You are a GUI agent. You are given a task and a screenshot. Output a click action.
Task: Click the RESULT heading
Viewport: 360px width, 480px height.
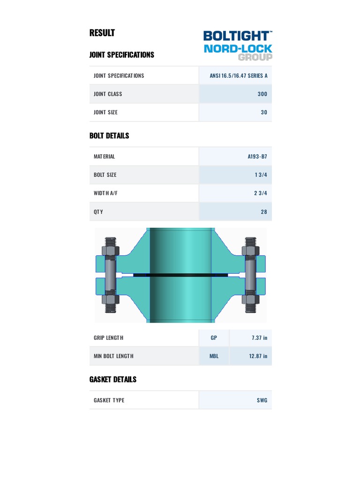coord(102,33)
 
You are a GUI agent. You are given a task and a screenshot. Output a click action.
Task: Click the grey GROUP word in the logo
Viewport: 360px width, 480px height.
coord(255,57)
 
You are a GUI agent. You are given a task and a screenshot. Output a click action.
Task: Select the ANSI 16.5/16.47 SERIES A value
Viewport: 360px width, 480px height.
coord(239,75)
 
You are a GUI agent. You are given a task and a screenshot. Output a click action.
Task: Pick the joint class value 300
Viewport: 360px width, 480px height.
coord(262,94)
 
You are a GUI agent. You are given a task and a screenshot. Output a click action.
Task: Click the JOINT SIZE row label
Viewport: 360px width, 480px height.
coord(105,112)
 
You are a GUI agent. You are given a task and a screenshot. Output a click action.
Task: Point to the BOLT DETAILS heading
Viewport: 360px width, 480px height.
coord(109,136)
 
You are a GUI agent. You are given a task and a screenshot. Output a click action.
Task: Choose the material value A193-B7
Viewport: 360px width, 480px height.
coord(257,157)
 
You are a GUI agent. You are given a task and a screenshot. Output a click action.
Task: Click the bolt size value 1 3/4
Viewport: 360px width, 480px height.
coord(261,175)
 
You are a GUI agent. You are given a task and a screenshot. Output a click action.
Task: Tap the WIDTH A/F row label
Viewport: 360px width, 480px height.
coord(105,193)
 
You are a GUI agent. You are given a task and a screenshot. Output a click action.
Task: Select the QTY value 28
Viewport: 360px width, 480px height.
coord(264,212)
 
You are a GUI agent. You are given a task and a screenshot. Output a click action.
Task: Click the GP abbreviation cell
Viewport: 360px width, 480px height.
coord(214,337)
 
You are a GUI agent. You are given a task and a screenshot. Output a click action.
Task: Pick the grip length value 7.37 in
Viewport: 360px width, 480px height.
coord(258,337)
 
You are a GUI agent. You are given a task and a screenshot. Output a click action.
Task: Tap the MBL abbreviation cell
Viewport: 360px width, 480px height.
coord(214,356)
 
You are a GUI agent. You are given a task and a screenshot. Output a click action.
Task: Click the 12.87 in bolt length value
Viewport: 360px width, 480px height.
coord(258,356)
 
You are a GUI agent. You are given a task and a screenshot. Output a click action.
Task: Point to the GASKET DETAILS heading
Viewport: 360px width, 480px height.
coord(113,379)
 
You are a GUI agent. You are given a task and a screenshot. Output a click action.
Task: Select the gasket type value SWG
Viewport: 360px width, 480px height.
coord(262,400)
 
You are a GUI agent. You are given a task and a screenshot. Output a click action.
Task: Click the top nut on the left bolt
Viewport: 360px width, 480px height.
coord(110,250)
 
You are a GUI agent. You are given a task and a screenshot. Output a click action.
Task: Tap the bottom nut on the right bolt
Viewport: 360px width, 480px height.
coord(250,299)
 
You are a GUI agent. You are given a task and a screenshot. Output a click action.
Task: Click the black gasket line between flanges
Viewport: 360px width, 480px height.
coord(180,275)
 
